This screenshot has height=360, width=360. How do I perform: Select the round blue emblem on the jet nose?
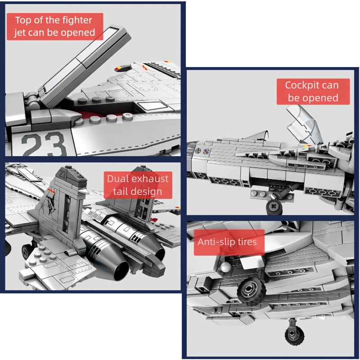coord(207,151)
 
